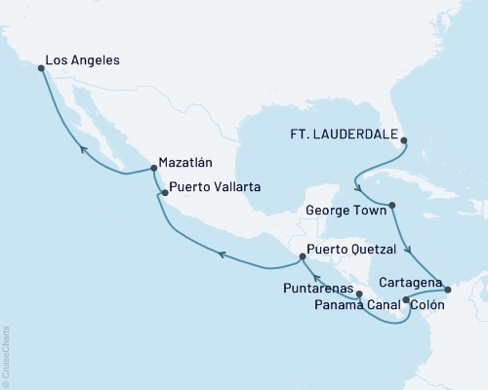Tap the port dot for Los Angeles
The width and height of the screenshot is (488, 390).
[x=41, y=68]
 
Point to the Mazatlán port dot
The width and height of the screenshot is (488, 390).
[x=154, y=170]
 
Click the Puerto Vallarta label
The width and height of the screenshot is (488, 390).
[x=214, y=186]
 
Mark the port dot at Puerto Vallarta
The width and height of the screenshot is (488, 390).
[x=165, y=193]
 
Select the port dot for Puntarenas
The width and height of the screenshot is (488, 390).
[x=359, y=293]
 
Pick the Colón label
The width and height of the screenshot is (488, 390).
[x=429, y=305]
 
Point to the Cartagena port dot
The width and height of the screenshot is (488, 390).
[x=447, y=289]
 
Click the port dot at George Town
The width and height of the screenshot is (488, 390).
[x=391, y=206]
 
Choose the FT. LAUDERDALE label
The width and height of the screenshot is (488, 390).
[x=346, y=138]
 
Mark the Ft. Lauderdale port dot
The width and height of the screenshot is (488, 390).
[x=405, y=139]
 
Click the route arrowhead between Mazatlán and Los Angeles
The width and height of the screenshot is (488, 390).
[x=84, y=149]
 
